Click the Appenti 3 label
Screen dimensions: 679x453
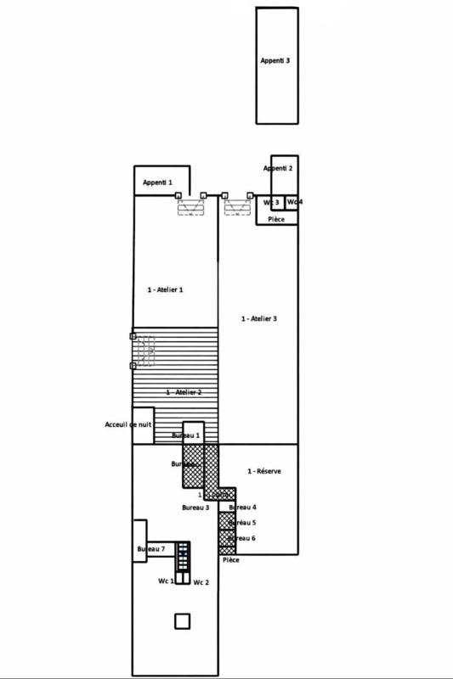[x=276, y=61]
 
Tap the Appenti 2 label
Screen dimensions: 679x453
[x=278, y=169]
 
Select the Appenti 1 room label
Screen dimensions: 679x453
[x=157, y=182]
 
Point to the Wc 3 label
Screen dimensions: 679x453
[x=271, y=202]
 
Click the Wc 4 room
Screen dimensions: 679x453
[x=292, y=202]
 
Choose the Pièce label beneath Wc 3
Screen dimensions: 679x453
[x=276, y=219]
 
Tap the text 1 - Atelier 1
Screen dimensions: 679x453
[x=165, y=289]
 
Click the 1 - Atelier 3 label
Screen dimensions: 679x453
[x=258, y=318]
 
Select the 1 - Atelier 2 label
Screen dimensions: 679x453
[x=184, y=392]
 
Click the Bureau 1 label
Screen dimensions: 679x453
[x=185, y=435]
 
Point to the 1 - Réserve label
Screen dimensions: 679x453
[x=263, y=471]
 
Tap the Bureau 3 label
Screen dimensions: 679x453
[x=195, y=508]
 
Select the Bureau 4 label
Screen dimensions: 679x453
[x=242, y=508]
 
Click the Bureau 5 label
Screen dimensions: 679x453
[x=242, y=523]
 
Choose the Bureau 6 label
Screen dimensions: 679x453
[x=242, y=538]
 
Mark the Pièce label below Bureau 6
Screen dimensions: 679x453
[x=230, y=560]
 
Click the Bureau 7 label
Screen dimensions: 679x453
[x=150, y=550]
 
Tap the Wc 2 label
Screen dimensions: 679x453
[x=201, y=582]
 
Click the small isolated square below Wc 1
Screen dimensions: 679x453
[x=183, y=621]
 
